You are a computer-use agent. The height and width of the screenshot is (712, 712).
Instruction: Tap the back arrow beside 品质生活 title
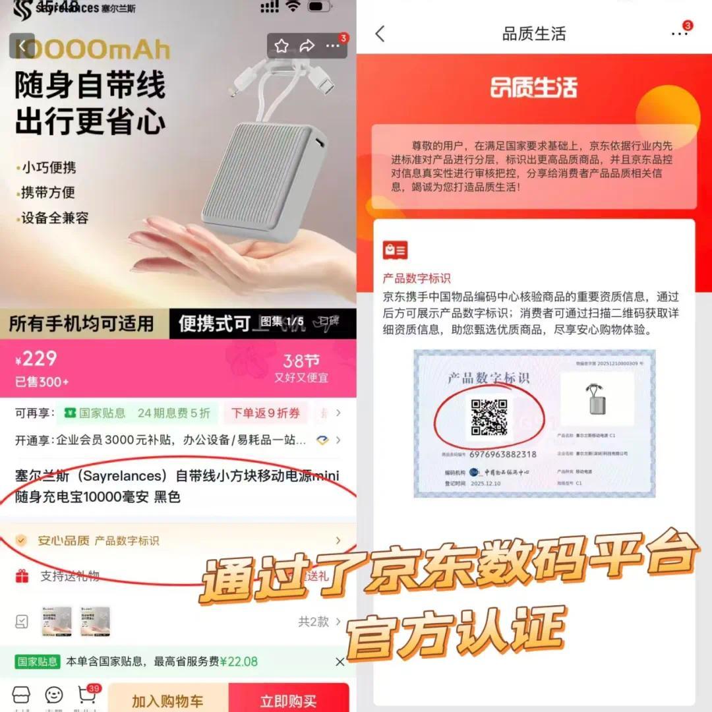(380, 34)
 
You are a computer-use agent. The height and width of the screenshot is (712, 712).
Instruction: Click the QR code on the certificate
(489, 417)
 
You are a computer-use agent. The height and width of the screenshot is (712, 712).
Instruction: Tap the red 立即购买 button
(288, 700)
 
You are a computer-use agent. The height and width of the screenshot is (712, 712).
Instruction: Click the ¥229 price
(37, 359)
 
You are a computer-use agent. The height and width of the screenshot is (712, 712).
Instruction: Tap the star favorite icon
(282, 45)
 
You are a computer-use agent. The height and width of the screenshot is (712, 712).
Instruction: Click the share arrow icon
(307, 45)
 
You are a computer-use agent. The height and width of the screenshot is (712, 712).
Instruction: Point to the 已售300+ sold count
(42, 382)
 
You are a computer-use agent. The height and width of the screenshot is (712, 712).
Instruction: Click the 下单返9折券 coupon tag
(265, 413)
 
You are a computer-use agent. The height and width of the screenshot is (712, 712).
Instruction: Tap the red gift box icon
(22, 577)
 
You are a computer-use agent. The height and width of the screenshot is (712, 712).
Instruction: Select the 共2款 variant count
(313, 621)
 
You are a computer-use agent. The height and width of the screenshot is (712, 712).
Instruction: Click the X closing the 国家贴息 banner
(340, 661)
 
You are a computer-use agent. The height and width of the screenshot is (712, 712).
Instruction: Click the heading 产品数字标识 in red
(417, 278)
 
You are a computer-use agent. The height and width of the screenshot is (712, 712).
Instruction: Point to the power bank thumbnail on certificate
(596, 398)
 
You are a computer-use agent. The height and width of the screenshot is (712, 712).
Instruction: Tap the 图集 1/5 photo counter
(282, 321)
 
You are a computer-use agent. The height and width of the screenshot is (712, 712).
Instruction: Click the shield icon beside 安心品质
(22, 541)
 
